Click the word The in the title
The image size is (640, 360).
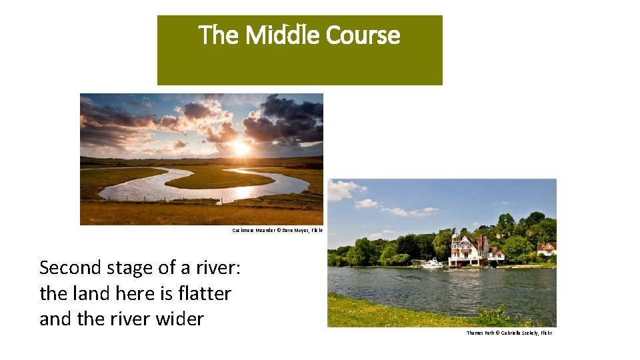[x=219, y=35]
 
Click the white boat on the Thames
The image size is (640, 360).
[x=432, y=263]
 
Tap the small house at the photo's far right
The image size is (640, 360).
[x=546, y=249]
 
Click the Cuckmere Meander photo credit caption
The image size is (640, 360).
[x=277, y=230]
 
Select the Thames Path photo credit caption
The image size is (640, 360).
[x=509, y=333]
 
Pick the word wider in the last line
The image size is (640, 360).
[x=180, y=319]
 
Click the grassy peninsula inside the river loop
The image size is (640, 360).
[x=220, y=179]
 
